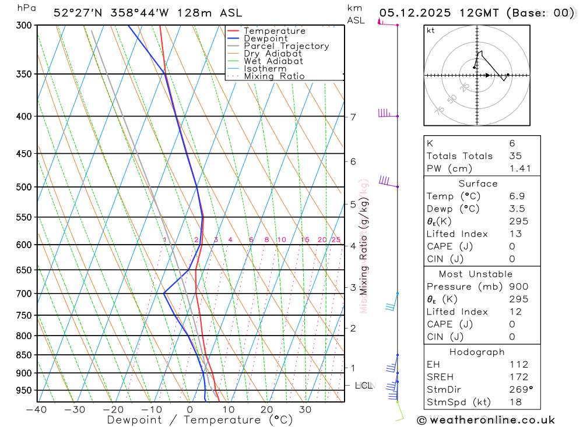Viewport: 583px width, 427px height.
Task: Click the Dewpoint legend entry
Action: tap(265, 38)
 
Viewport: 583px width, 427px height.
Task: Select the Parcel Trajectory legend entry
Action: tap(286, 46)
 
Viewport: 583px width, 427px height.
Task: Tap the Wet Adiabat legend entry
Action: tap(273, 61)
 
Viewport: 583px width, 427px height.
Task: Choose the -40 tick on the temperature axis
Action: tap(37, 410)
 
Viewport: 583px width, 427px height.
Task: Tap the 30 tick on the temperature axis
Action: tap(305, 410)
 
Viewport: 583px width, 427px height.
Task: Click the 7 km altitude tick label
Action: tap(353, 117)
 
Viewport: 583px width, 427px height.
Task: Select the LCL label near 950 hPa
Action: tap(363, 386)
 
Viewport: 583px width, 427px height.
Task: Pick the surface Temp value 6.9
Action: tap(516, 196)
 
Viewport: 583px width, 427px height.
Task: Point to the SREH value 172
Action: tap(518, 377)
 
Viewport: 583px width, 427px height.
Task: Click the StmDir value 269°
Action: tap(520, 390)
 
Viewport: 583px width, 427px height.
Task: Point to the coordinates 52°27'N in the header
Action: tap(79, 13)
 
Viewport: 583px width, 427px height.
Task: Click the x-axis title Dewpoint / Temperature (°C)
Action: tap(200, 420)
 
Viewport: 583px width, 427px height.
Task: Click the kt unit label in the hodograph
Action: tap(431, 30)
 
